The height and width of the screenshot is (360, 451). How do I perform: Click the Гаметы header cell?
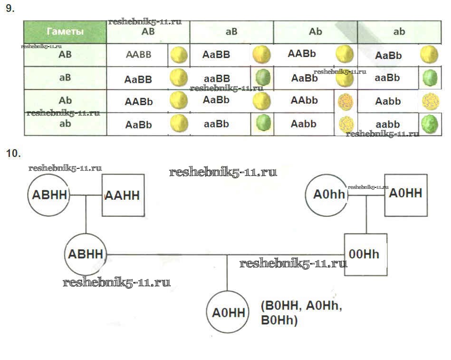[x=65, y=32]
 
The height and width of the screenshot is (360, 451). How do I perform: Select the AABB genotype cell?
[x=138, y=54]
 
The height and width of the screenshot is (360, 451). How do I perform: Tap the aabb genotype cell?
[x=388, y=124]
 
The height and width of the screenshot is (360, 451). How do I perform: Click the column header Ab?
[x=315, y=32]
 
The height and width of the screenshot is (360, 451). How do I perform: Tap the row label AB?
[x=65, y=54]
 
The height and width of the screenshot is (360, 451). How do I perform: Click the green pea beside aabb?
[x=429, y=125]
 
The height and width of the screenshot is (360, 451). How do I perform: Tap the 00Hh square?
[x=365, y=254]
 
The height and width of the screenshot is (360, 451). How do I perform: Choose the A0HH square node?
[x=406, y=194]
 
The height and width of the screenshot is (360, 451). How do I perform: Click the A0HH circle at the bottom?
[x=228, y=312]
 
